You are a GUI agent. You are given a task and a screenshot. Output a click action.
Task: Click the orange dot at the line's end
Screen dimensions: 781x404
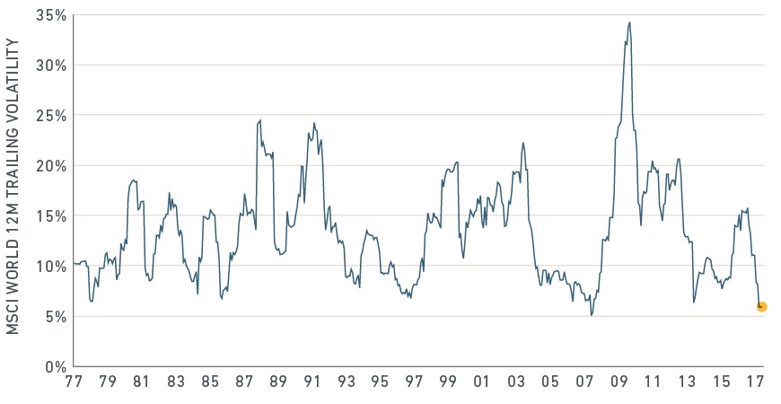coord(761,307)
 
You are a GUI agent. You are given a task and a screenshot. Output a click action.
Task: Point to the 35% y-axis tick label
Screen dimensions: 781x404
coord(51,15)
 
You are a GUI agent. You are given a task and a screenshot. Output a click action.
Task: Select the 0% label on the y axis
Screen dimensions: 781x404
coord(57,367)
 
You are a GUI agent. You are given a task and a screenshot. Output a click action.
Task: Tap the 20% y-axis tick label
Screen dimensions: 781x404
coord(51,166)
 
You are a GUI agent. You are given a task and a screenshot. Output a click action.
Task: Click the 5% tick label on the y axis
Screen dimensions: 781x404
coord(57,317)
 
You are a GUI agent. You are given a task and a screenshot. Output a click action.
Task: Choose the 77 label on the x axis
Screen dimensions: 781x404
coord(74,382)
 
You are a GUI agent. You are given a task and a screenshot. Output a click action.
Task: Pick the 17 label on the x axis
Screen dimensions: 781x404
coord(756,382)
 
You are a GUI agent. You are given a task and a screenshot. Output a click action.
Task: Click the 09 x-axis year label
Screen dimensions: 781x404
coord(619,382)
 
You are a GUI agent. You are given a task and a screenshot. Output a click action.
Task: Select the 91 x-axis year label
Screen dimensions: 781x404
coord(312,382)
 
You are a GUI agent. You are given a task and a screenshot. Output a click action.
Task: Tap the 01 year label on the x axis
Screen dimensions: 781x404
coord(482,382)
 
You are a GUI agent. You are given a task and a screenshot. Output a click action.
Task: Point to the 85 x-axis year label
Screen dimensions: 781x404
coord(210,382)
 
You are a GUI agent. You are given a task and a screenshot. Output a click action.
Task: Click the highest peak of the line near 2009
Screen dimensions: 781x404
coord(629,22)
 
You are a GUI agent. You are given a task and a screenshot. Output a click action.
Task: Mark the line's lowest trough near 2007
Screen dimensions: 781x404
coord(592,315)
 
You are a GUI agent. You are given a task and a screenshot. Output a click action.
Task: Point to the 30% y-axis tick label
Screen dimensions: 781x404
coord(51,66)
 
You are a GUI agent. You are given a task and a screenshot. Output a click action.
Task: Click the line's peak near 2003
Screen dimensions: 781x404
coord(523,143)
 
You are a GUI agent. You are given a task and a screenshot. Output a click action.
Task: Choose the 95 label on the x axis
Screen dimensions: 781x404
coord(380,382)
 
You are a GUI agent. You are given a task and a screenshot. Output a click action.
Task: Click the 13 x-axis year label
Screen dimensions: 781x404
coord(688,382)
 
